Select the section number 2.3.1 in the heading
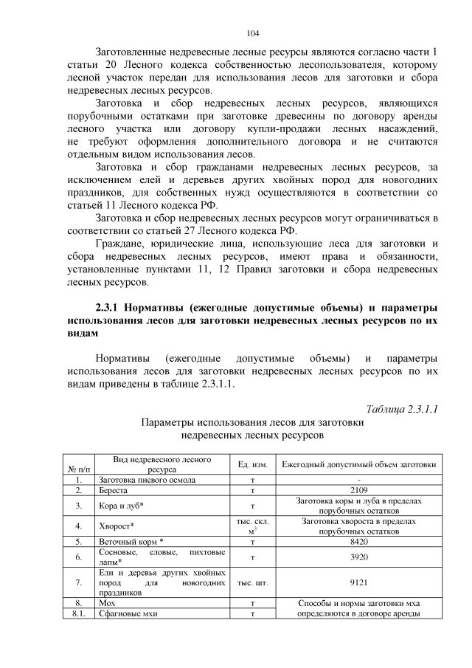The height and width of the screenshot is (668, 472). (110, 306)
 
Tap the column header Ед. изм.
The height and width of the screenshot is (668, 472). (252, 464)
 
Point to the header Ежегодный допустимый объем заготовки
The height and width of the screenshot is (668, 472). (358, 464)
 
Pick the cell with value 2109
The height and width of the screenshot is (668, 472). (358, 489)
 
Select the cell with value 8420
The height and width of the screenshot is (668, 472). (358, 541)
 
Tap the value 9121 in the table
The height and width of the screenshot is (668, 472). (358, 582)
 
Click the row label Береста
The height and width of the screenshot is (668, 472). (114, 489)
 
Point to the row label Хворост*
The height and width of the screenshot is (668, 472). (116, 526)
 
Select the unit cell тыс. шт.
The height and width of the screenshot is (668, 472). (252, 582)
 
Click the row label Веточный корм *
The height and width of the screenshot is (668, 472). (131, 541)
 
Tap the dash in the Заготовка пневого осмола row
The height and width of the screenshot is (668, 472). (358, 479)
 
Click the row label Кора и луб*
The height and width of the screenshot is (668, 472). (121, 505)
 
